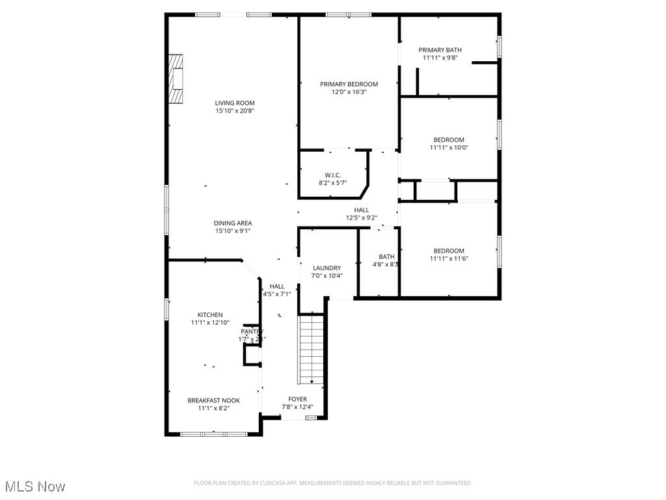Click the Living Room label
pyautogui.click(x=235, y=103)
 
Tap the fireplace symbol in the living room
pyautogui.click(x=176, y=79)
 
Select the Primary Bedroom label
pyautogui.click(x=349, y=84)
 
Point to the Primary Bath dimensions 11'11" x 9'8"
pyautogui.click(x=440, y=58)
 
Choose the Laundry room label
pyautogui.click(x=326, y=268)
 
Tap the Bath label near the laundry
pyautogui.click(x=386, y=257)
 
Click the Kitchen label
pyautogui.click(x=207, y=315)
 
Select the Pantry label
pyautogui.click(x=252, y=331)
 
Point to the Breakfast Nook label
pyautogui.click(x=213, y=400)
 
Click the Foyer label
pyautogui.click(x=297, y=399)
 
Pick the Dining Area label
pyautogui.click(x=233, y=223)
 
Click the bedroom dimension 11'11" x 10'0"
pyautogui.click(x=449, y=148)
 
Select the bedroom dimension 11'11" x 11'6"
pyautogui.click(x=449, y=258)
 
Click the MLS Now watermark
pyautogui.click(x=34, y=486)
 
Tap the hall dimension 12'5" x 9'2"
pyautogui.click(x=362, y=218)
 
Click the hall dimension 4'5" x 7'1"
pyautogui.click(x=277, y=294)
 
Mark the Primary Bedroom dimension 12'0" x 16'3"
pyautogui.click(x=349, y=92)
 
